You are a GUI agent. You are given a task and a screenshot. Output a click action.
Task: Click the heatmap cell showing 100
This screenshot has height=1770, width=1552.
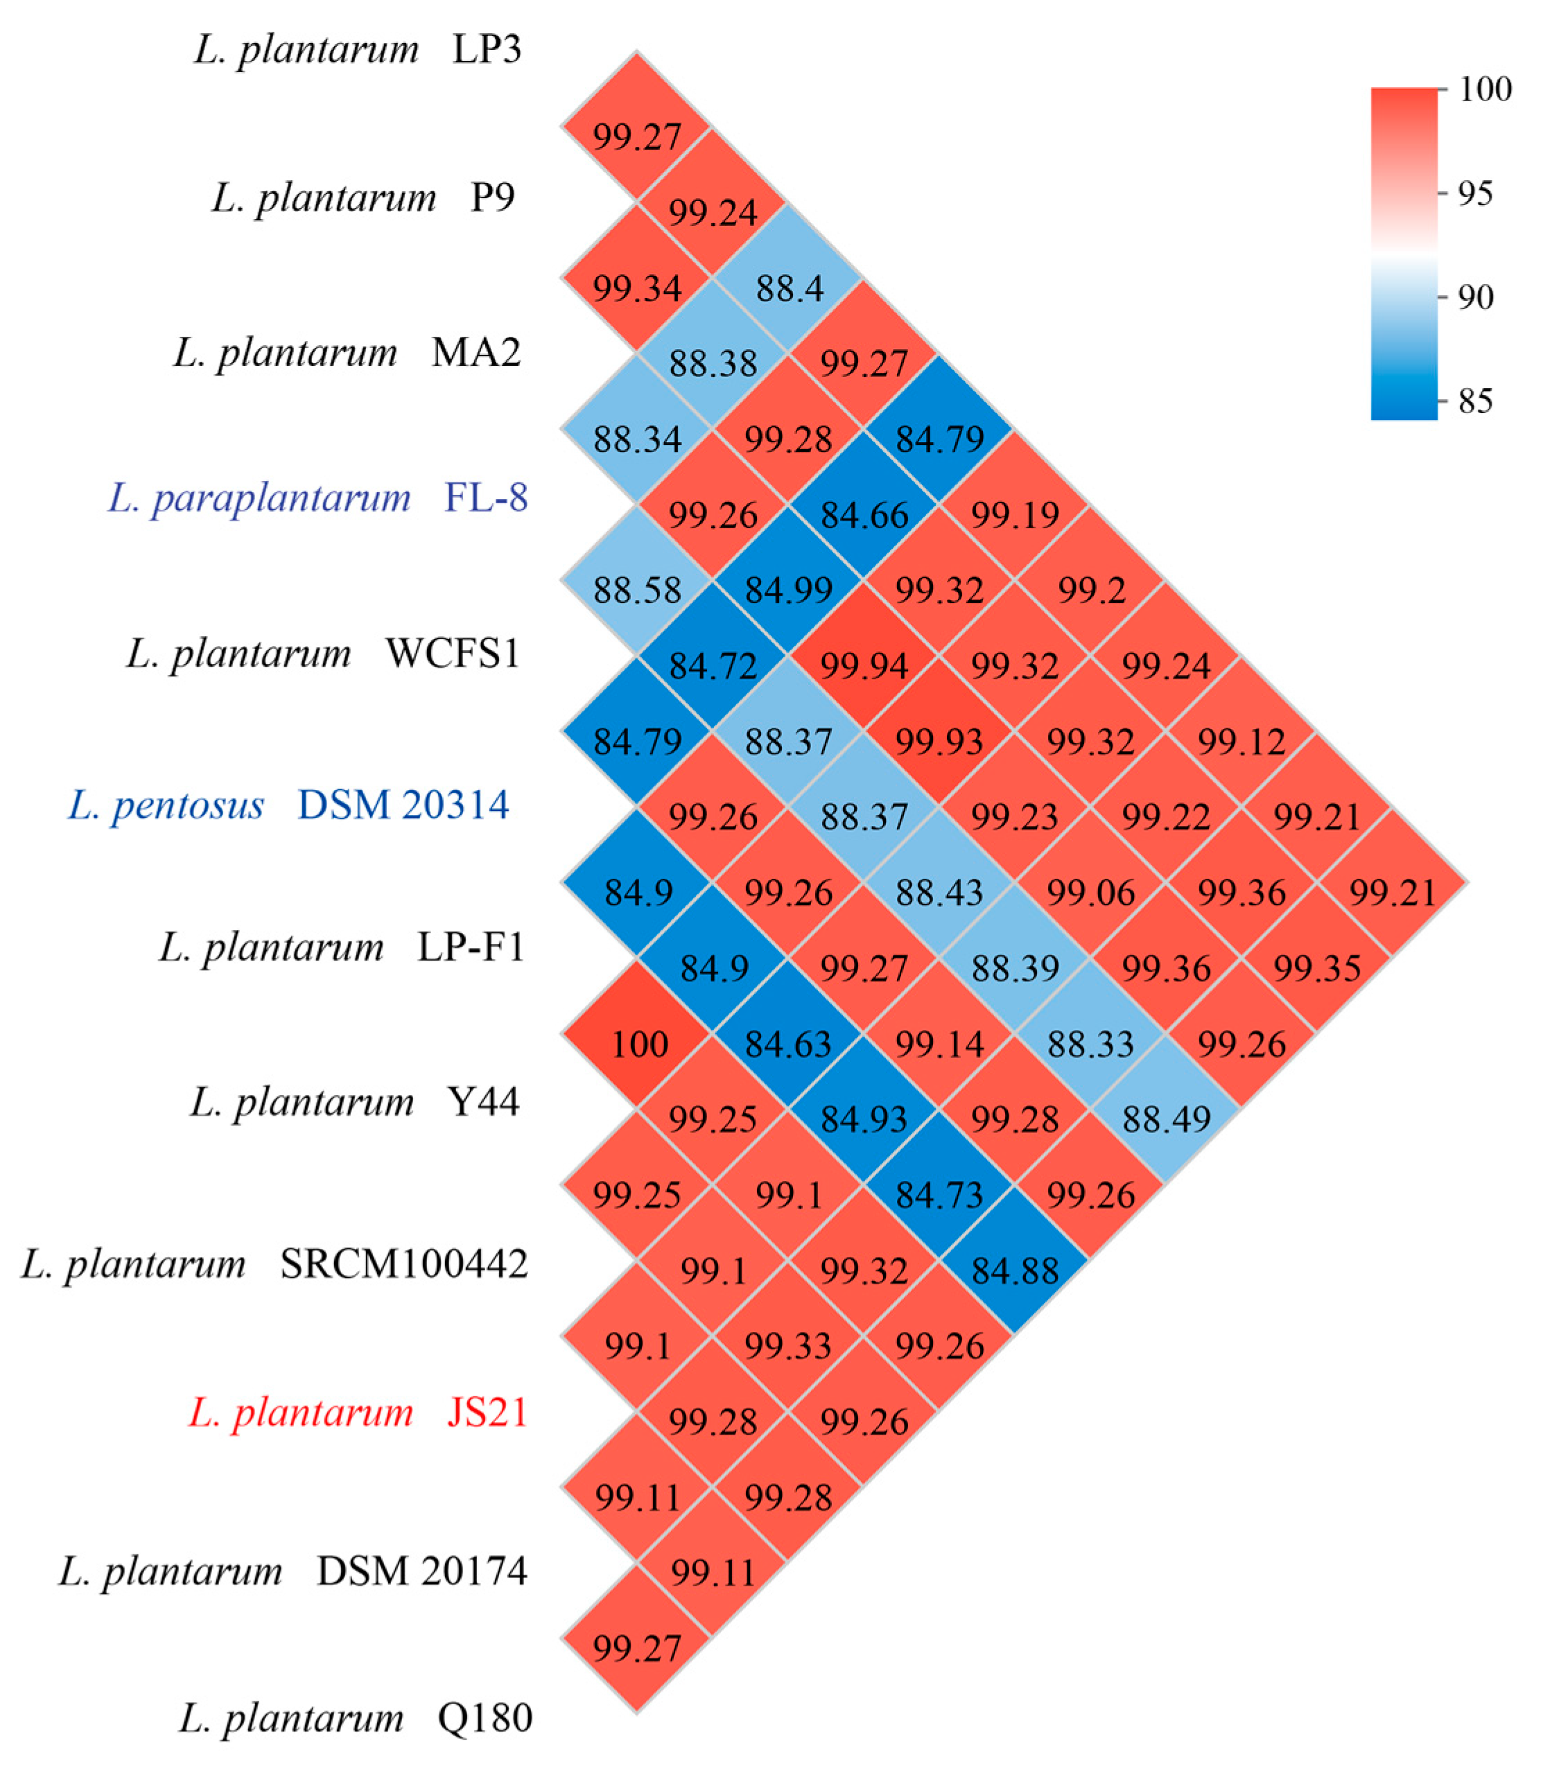(638, 1044)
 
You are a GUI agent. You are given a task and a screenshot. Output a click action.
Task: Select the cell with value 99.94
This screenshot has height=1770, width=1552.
(864, 666)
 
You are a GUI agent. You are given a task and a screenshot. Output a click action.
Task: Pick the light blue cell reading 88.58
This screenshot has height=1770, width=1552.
(638, 590)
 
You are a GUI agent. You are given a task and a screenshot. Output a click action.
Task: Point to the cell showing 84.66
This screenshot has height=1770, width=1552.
(864, 515)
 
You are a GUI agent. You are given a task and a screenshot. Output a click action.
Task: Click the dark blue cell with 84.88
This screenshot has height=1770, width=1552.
(1015, 1270)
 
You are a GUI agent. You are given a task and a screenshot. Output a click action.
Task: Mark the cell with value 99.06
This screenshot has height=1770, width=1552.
(1090, 892)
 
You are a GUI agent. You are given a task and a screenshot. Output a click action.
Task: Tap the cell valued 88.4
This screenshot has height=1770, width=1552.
(789, 288)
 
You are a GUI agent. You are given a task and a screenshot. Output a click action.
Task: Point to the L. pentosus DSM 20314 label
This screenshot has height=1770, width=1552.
(288, 805)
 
